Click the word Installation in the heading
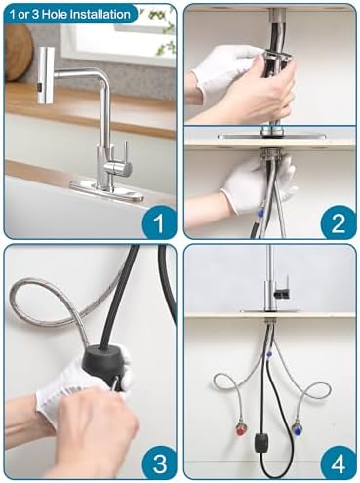[x=101, y=15]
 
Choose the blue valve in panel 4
[x=297, y=423]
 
